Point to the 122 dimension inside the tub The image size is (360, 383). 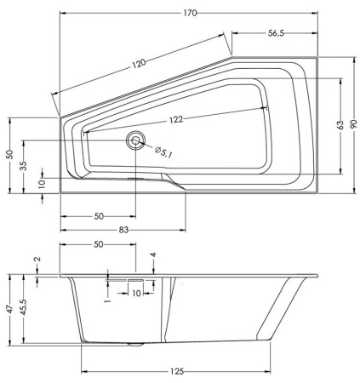[177, 120]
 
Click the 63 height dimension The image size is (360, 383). [340, 125]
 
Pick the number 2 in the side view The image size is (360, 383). [37, 259]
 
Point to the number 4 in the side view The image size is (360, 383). [153, 255]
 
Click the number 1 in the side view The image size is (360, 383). [107, 300]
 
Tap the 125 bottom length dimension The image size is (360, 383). [175, 373]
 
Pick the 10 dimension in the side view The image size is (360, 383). [135, 293]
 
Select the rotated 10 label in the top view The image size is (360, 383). [41, 182]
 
